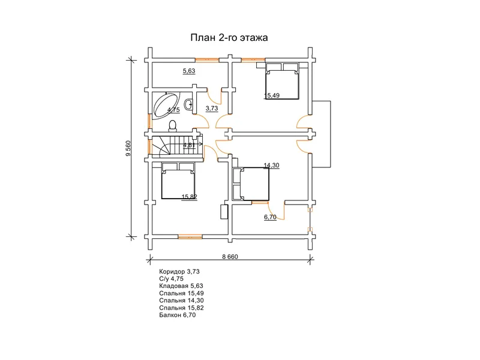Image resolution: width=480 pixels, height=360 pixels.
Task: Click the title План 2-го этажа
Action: [229, 37]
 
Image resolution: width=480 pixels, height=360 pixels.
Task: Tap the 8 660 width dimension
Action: [230, 257]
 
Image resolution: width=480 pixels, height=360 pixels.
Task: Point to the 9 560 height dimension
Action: [128, 148]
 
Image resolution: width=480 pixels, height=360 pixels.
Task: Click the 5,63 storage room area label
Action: [189, 71]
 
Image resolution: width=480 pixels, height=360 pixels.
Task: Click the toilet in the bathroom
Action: [172, 125]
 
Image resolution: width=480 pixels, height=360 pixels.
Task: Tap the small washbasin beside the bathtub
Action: [188, 104]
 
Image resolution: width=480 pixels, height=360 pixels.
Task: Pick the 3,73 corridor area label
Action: [212, 109]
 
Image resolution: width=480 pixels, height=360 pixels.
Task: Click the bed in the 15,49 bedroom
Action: [281, 81]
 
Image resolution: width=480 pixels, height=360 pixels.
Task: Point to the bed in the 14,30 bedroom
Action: [251, 184]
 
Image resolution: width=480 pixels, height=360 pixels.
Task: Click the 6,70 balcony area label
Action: [270, 217]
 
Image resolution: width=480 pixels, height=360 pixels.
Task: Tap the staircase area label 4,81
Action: [189, 145]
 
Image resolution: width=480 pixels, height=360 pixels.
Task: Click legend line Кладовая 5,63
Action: [181, 286]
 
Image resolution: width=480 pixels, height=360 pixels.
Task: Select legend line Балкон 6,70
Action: [177, 315]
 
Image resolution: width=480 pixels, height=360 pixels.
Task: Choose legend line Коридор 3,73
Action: [179, 272]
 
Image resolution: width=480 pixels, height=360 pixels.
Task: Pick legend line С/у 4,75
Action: [171, 278]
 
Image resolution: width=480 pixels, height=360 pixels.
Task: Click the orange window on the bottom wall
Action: [190, 236]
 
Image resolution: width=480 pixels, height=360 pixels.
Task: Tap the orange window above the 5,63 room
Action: [207, 59]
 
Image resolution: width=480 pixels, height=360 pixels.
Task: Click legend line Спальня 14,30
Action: [181, 301]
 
